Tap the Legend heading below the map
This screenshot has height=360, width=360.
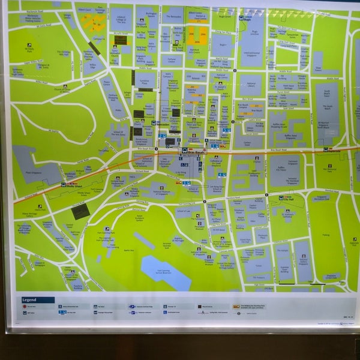(29, 300)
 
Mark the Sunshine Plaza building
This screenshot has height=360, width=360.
(144, 81)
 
